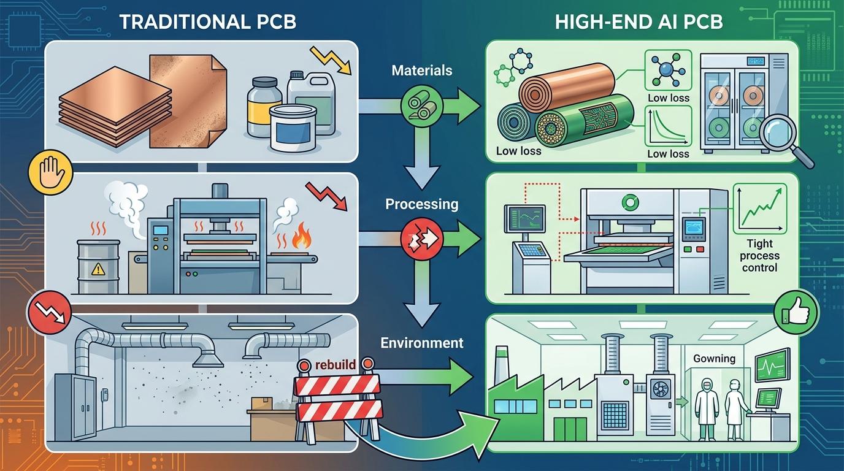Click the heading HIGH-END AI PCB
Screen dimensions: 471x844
[639, 22]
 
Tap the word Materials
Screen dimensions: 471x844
[421, 70]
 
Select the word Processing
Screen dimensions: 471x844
[421, 204]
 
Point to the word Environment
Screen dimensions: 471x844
[421, 342]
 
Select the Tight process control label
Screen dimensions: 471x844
[759, 255]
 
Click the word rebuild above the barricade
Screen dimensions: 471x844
[335, 364]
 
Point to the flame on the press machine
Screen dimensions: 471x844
[301, 238]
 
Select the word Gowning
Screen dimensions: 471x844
[713, 358]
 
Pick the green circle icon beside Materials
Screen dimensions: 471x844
[417, 107]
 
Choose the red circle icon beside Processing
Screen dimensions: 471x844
[417, 240]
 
